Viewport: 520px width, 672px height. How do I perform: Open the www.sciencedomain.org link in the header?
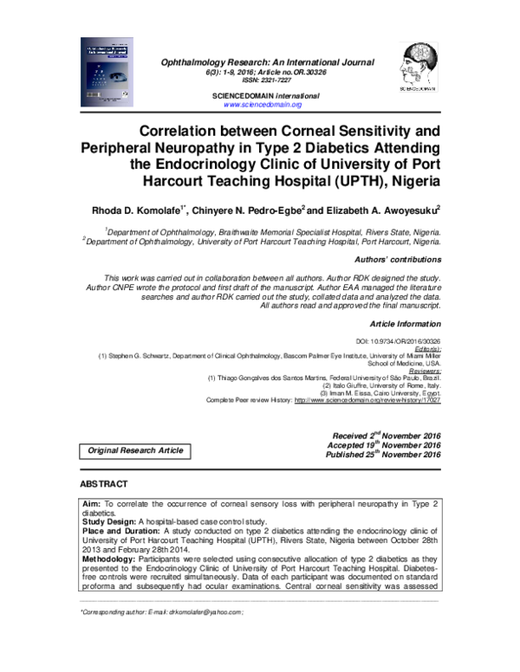(x=263, y=104)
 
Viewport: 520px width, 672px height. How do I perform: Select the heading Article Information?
(x=406, y=323)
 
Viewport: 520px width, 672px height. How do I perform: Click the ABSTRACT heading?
(x=104, y=483)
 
